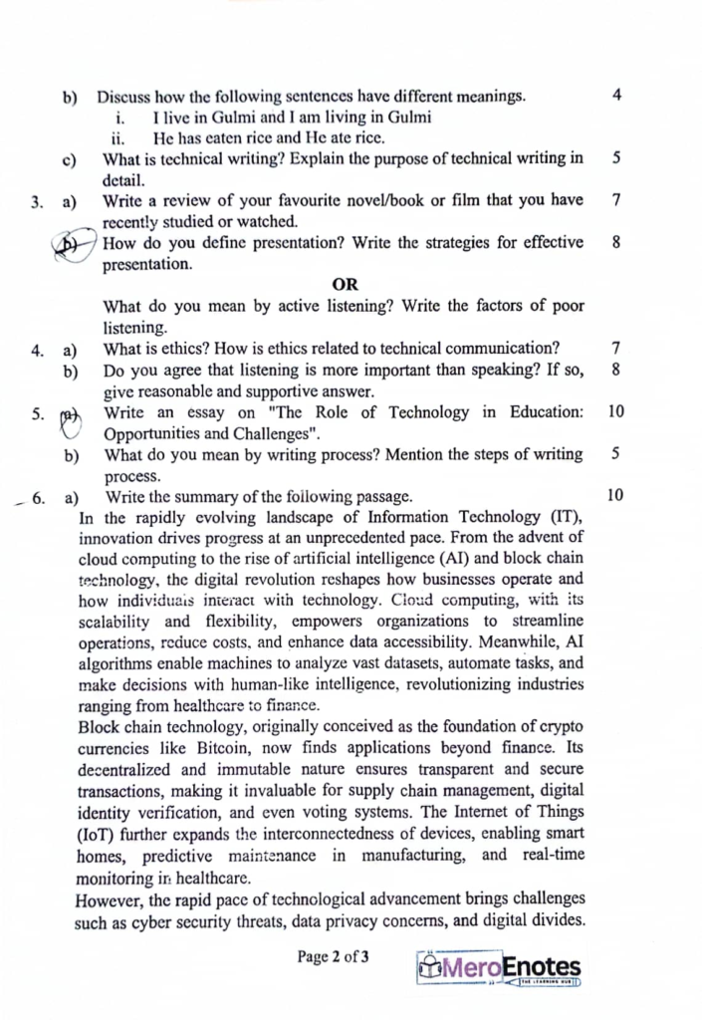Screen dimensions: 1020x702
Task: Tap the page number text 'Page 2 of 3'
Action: (x=334, y=958)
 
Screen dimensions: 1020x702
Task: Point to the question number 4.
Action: (x=37, y=350)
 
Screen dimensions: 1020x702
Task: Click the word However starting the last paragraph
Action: (x=110, y=900)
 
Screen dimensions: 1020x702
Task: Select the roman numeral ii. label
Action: (x=117, y=137)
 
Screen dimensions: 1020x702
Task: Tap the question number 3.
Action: (x=36, y=202)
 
